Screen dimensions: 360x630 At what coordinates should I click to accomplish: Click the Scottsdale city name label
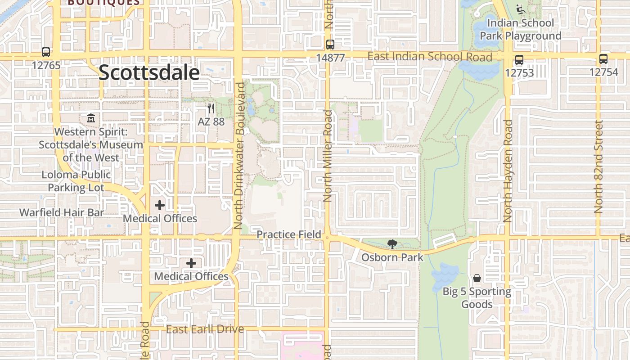click(149, 72)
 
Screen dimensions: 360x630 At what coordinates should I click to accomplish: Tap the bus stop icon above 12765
click(46, 52)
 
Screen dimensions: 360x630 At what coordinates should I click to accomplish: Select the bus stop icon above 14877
click(330, 44)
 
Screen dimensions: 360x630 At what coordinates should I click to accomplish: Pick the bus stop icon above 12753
click(519, 59)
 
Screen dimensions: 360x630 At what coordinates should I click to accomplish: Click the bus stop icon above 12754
click(603, 59)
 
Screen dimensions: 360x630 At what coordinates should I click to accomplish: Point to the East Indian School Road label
click(430, 57)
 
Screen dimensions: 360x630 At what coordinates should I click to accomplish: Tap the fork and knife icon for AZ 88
click(211, 108)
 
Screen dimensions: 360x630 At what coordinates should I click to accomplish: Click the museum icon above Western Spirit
click(91, 118)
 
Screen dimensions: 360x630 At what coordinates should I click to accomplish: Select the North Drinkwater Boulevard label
click(239, 155)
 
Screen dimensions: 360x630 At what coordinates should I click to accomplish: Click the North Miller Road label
click(328, 156)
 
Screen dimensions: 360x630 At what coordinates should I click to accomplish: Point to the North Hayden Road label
click(508, 171)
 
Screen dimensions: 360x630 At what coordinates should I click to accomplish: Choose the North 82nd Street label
click(598, 166)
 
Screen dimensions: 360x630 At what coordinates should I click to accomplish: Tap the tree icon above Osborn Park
click(392, 244)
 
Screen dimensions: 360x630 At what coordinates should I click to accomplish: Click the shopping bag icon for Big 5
click(477, 278)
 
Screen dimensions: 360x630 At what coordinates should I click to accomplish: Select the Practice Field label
click(289, 234)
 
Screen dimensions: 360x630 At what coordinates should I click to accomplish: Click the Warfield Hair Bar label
click(62, 212)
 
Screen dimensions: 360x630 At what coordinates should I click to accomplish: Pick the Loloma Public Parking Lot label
click(76, 181)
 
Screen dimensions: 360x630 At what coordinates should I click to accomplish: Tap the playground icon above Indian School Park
click(521, 9)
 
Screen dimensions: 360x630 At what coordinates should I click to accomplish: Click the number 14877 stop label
click(330, 58)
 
